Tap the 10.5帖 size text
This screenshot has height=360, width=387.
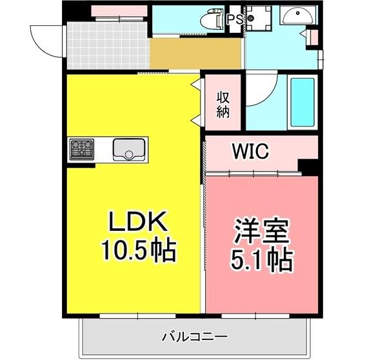point(139,250)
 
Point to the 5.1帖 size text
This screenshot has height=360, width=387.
point(261,259)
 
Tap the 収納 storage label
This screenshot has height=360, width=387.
point(223,105)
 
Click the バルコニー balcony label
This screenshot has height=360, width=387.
point(193,337)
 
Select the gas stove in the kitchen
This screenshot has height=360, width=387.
point(81,149)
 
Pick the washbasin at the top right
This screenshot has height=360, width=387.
point(298,15)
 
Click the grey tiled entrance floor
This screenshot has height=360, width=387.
point(107,45)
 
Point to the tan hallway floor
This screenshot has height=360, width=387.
point(196,55)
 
